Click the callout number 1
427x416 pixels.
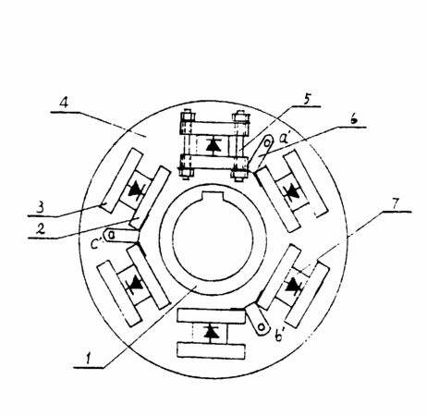click(89, 359)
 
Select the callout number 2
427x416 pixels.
click(41, 228)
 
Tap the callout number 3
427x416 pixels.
click(40, 208)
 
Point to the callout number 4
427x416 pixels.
click(64, 103)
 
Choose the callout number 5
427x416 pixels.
click(307, 99)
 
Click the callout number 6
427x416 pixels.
click(354, 118)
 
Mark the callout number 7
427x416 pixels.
click(396, 203)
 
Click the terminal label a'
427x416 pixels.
click(285, 138)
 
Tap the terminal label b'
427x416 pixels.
click(279, 336)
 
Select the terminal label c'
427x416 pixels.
click(95, 244)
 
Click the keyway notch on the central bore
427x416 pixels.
click(213, 196)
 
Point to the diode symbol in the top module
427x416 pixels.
click(213, 145)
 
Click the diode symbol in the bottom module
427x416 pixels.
click(212, 332)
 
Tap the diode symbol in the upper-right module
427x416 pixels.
click(291, 192)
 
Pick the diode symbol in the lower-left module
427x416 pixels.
click(135, 284)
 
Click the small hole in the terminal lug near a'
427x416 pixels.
click(268, 142)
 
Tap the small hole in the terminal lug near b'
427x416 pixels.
click(262, 327)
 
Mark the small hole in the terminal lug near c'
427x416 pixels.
click(112, 236)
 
